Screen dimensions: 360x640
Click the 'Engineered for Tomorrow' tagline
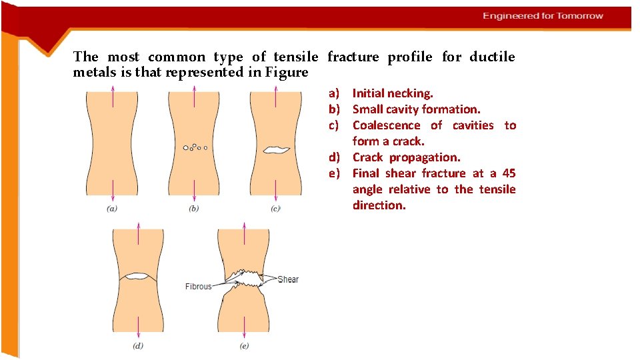pyautogui.click(x=543, y=16)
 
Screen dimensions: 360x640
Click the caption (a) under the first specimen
pyautogui.click(x=112, y=209)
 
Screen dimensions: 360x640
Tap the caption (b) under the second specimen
pyautogui.click(x=194, y=209)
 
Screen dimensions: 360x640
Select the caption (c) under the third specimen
pyautogui.click(x=275, y=209)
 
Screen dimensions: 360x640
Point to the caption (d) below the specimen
pyautogui.click(x=138, y=345)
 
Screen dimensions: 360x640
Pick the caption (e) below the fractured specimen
pyautogui.click(x=245, y=345)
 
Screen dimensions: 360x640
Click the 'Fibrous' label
pyautogui.click(x=198, y=287)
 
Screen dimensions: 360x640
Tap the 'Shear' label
pyautogui.click(x=288, y=279)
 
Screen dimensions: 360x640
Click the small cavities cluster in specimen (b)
pyautogui.click(x=194, y=147)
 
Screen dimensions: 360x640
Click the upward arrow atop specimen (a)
pyautogui.click(x=112, y=98)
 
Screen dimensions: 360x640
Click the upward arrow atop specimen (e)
pyautogui.click(x=245, y=235)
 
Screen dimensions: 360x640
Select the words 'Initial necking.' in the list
pyautogui.click(x=393, y=93)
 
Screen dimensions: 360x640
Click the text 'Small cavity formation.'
pyautogui.click(x=416, y=109)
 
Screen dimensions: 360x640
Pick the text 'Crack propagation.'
pyautogui.click(x=406, y=157)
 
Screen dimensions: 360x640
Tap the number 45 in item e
pyautogui.click(x=509, y=173)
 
